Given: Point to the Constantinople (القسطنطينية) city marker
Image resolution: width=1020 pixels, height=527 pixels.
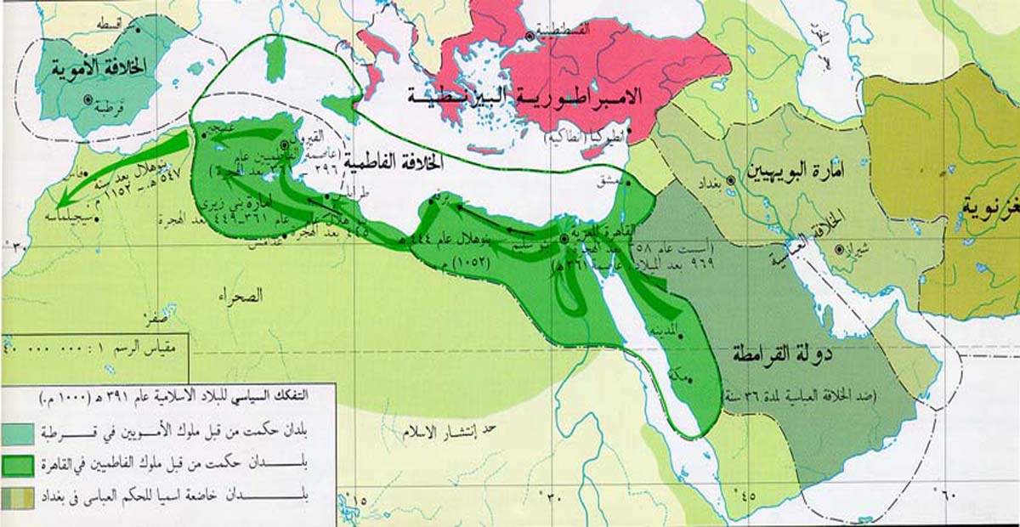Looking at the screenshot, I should coord(530,36).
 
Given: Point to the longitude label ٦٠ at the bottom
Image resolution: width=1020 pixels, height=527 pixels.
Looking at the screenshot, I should coord(947,490).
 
